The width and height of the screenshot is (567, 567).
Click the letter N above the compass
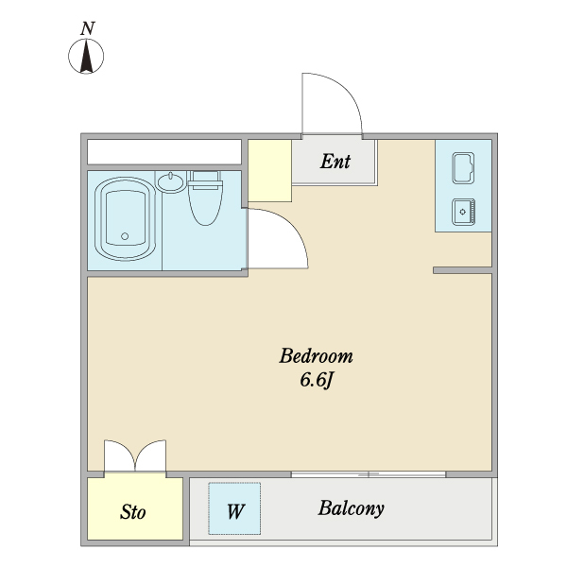point(88,28)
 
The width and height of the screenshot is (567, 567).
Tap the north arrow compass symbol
point(86,56)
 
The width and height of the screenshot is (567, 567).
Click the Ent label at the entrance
point(335,162)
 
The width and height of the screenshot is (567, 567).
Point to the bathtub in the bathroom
point(125,219)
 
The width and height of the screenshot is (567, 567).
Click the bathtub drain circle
point(125,236)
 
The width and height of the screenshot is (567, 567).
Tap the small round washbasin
point(171,181)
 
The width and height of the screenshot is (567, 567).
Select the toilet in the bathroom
point(205,198)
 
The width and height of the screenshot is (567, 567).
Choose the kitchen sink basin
point(463,168)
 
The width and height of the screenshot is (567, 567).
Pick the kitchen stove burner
point(463,212)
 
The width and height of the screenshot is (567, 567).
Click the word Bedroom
point(316,356)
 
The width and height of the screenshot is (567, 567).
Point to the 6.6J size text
point(316,380)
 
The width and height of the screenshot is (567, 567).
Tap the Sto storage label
point(132,512)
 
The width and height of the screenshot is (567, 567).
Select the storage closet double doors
point(135,456)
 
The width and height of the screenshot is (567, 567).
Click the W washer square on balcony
point(234,508)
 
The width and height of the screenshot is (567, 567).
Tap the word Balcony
point(352,508)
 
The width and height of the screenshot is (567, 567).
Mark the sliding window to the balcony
point(369,474)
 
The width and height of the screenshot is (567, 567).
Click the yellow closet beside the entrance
point(269,171)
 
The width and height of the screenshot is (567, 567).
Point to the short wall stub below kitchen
point(462,270)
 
